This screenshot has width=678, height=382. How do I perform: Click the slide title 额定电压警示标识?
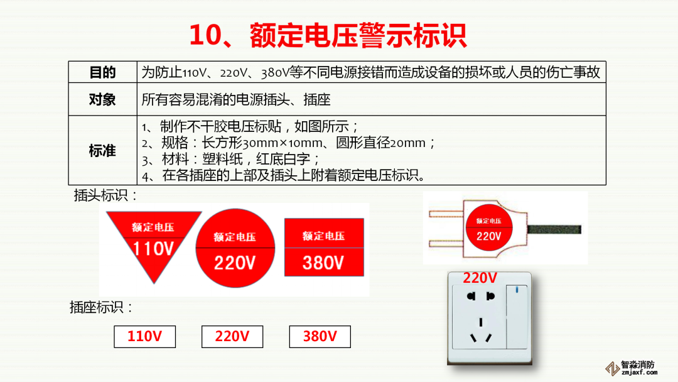(328, 36)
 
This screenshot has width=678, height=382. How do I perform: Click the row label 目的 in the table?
(102, 72)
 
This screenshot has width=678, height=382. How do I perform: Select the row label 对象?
(102, 99)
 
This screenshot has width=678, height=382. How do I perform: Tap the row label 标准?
(102, 151)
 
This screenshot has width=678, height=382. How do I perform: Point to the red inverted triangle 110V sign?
(153, 241)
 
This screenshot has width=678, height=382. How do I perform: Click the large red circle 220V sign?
(235, 251)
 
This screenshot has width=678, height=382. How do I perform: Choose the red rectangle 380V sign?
(324, 247)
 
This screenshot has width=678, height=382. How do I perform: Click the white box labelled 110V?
(144, 337)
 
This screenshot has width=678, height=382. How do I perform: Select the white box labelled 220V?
(232, 337)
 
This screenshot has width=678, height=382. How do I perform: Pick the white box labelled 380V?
(320, 337)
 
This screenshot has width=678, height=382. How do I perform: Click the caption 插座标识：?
(101, 307)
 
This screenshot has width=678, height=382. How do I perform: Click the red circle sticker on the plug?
(489, 229)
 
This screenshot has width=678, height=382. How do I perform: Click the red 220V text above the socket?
(480, 278)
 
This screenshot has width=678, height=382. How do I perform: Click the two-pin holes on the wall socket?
(478, 295)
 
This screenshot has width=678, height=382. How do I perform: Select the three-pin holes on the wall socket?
(480, 331)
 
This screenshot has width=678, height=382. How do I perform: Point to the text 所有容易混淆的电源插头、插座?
(236, 99)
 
